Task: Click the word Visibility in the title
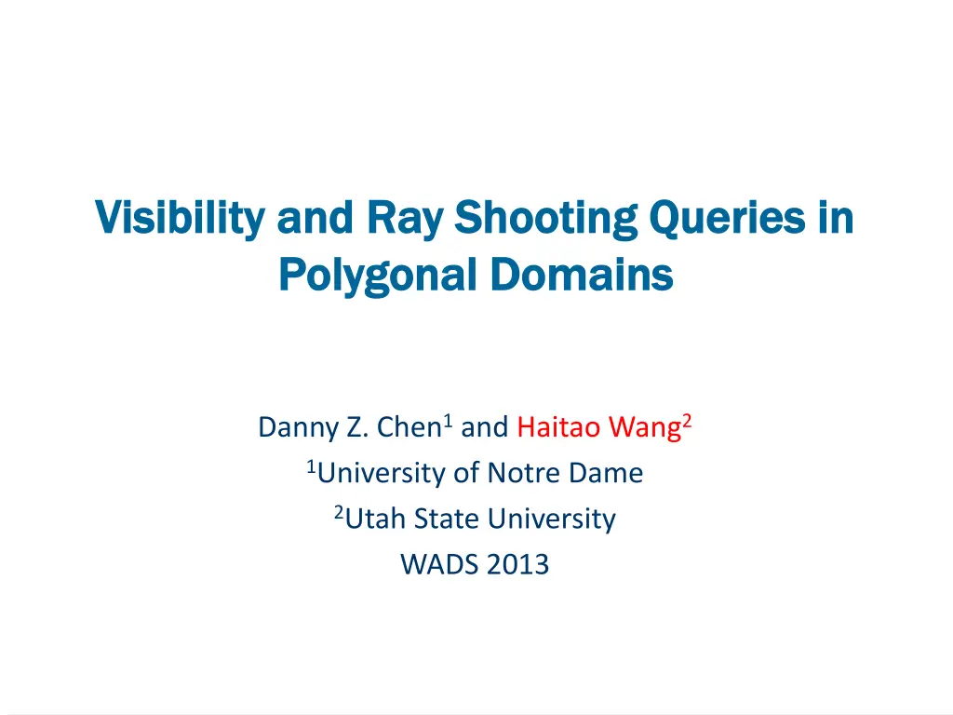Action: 181,218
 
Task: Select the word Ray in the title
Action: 406,218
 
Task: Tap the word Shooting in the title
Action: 545,218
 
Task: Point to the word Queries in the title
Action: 727,218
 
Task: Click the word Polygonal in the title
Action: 378,275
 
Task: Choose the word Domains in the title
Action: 582,275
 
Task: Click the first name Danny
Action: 299,427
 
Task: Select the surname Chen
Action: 409,426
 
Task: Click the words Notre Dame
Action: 565,473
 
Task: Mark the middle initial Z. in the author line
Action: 357,426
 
